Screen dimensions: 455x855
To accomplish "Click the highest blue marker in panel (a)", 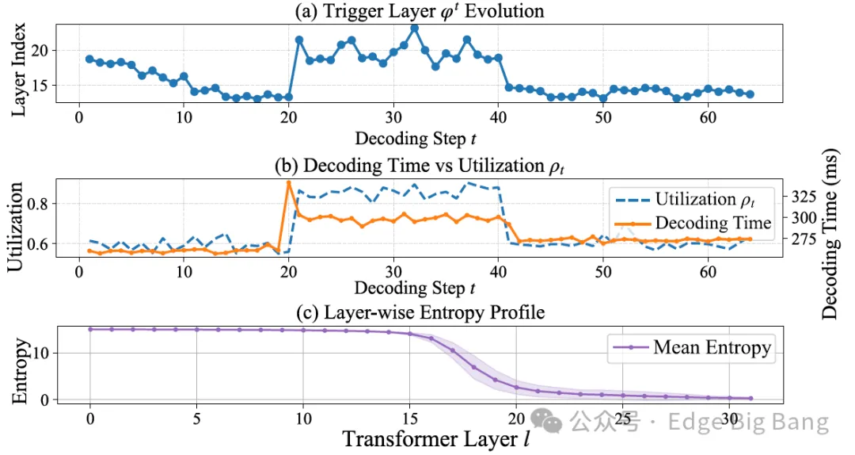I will pos(414,28).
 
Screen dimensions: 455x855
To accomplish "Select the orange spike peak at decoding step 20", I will pos(288,183).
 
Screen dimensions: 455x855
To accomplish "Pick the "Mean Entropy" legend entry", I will pos(690,346).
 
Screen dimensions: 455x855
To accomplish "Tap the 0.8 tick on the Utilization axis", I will pos(40,204).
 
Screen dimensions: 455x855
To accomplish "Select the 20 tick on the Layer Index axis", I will pos(41,50).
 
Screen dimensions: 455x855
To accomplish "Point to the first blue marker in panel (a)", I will pos(89,59).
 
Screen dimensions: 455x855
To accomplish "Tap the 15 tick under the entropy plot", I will pos(409,417).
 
